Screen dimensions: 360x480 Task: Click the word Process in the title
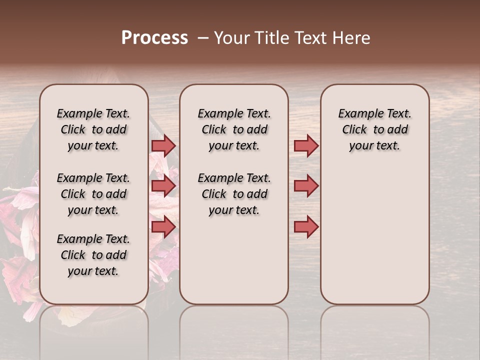click(154, 38)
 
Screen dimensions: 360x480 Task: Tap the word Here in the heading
click(352, 38)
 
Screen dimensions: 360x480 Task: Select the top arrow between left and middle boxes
click(163, 145)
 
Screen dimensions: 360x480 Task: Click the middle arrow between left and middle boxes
click(163, 186)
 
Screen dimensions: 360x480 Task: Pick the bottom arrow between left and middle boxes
click(163, 227)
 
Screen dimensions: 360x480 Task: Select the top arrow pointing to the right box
click(306, 145)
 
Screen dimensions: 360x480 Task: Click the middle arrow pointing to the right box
click(306, 186)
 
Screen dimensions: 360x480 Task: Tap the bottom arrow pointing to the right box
click(306, 227)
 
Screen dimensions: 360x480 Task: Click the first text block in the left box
click(93, 129)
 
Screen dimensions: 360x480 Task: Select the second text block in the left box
click(93, 194)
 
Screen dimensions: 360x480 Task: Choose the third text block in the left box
click(93, 255)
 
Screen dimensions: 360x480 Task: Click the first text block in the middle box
click(234, 129)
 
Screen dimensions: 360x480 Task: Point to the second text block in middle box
click(234, 194)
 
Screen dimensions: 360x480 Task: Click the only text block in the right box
click(374, 129)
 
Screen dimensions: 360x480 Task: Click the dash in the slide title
click(202, 38)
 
